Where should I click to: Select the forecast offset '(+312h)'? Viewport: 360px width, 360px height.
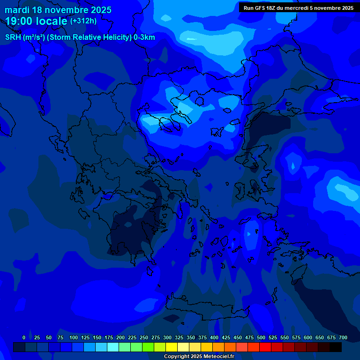[83, 21]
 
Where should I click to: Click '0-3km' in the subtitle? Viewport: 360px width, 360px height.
[144, 37]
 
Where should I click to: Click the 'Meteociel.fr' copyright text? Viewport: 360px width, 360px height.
[216, 357]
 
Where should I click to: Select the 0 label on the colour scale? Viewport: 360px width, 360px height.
[24, 337]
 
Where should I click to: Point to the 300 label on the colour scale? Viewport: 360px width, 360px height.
[167, 337]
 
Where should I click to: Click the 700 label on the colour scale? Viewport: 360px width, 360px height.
[343, 337]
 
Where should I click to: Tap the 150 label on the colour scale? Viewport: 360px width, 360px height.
[97, 337]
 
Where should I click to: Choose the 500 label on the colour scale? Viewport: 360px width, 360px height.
[261, 337]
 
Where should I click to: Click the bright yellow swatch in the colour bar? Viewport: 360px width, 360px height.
[172, 347]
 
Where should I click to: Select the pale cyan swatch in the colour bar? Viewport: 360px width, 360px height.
[113, 347]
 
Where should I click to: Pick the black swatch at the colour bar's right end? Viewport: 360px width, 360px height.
[336, 347]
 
